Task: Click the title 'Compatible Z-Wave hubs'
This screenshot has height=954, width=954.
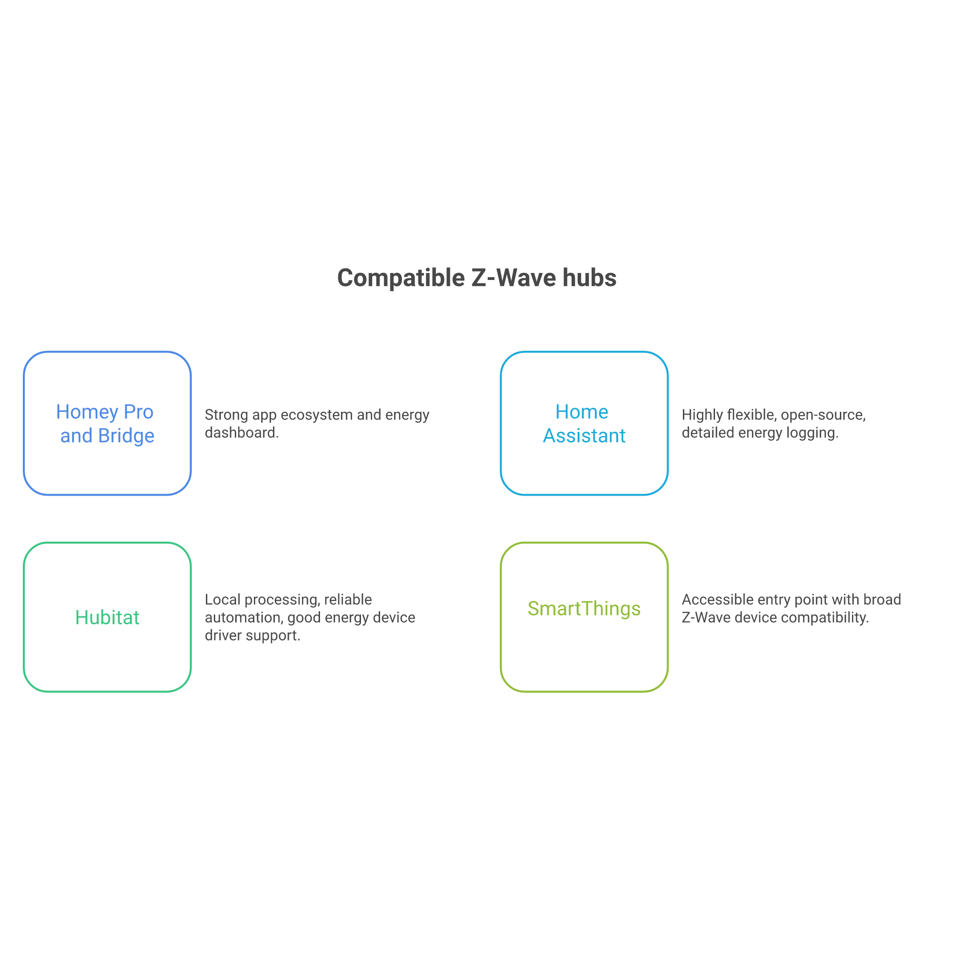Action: tap(477, 278)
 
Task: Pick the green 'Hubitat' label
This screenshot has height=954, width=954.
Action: tap(107, 617)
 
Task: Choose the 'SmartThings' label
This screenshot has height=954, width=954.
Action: tap(584, 609)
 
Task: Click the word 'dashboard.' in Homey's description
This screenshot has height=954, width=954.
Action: tap(242, 433)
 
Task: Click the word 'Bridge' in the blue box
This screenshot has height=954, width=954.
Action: tap(126, 436)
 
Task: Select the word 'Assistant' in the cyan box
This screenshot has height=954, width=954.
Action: tap(584, 436)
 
